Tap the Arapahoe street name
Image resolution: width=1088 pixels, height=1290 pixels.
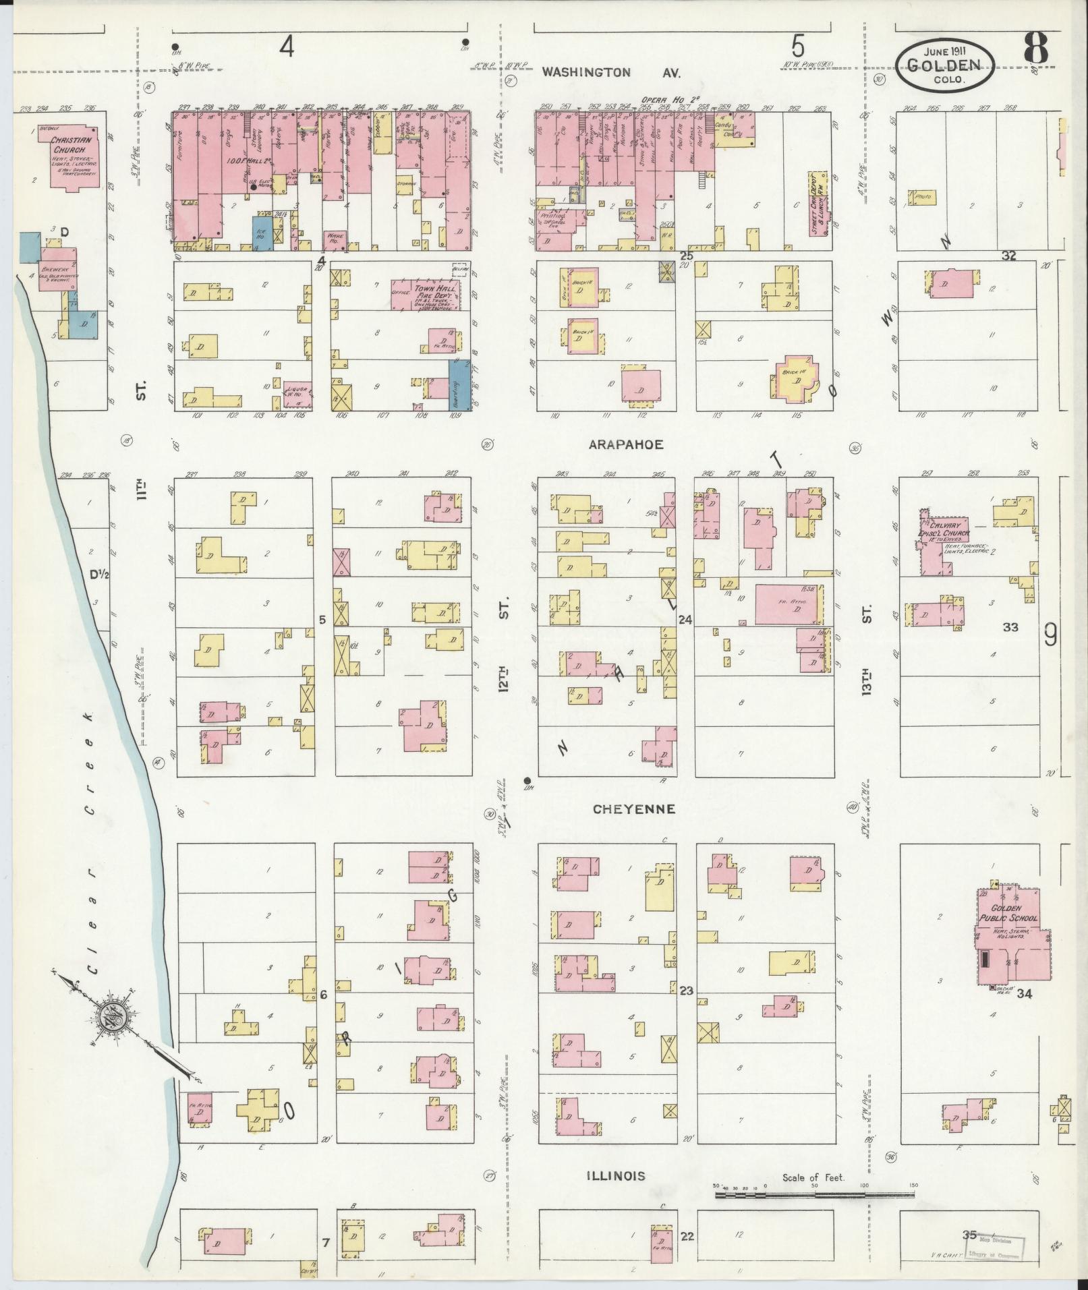(626, 444)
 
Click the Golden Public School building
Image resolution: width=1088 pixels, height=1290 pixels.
(1010, 935)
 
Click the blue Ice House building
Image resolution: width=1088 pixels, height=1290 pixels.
(262, 233)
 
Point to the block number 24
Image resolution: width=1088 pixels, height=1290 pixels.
(685, 619)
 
